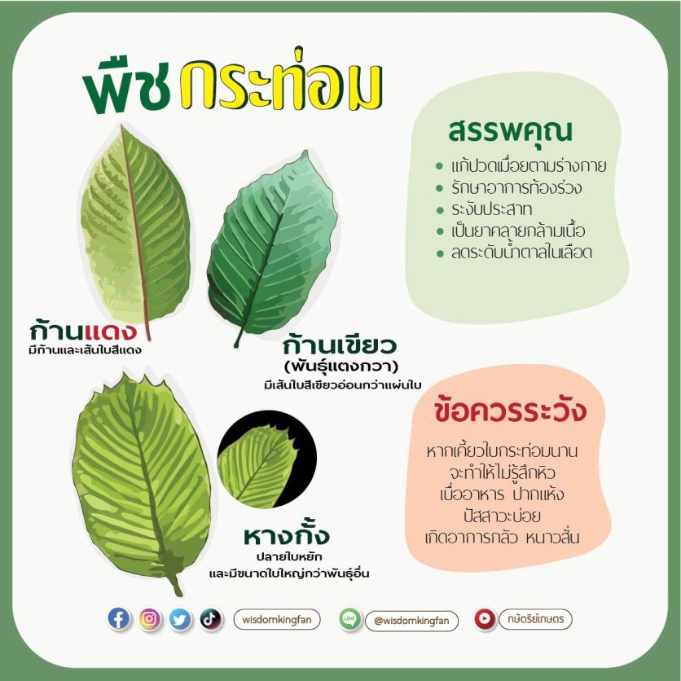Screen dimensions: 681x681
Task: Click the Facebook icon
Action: (118, 618)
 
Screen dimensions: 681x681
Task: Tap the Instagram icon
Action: (149, 618)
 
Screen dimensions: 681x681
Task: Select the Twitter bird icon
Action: (180, 619)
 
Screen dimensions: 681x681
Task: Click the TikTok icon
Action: (211, 619)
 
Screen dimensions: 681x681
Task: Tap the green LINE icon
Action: (349, 619)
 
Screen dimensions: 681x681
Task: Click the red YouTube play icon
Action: (485, 618)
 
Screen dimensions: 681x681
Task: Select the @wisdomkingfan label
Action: (411, 621)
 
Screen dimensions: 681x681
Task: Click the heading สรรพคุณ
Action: (510, 132)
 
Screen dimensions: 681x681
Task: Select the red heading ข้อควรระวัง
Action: (510, 411)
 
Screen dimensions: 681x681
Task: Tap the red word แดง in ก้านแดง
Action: (111, 332)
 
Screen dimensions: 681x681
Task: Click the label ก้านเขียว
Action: (340, 345)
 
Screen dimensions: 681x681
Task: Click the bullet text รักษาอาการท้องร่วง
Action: (516, 187)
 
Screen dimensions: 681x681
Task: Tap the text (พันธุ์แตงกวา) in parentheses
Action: (341, 367)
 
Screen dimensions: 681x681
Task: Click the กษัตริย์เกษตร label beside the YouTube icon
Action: (535, 618)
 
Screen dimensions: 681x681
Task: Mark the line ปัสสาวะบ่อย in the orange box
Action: (502, 516)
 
